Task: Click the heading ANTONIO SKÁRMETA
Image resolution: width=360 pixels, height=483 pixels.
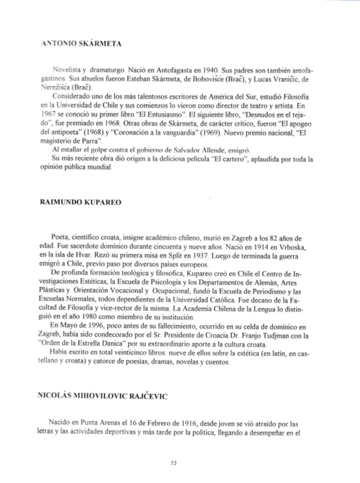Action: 81,44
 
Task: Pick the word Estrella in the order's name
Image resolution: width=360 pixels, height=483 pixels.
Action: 102,345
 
